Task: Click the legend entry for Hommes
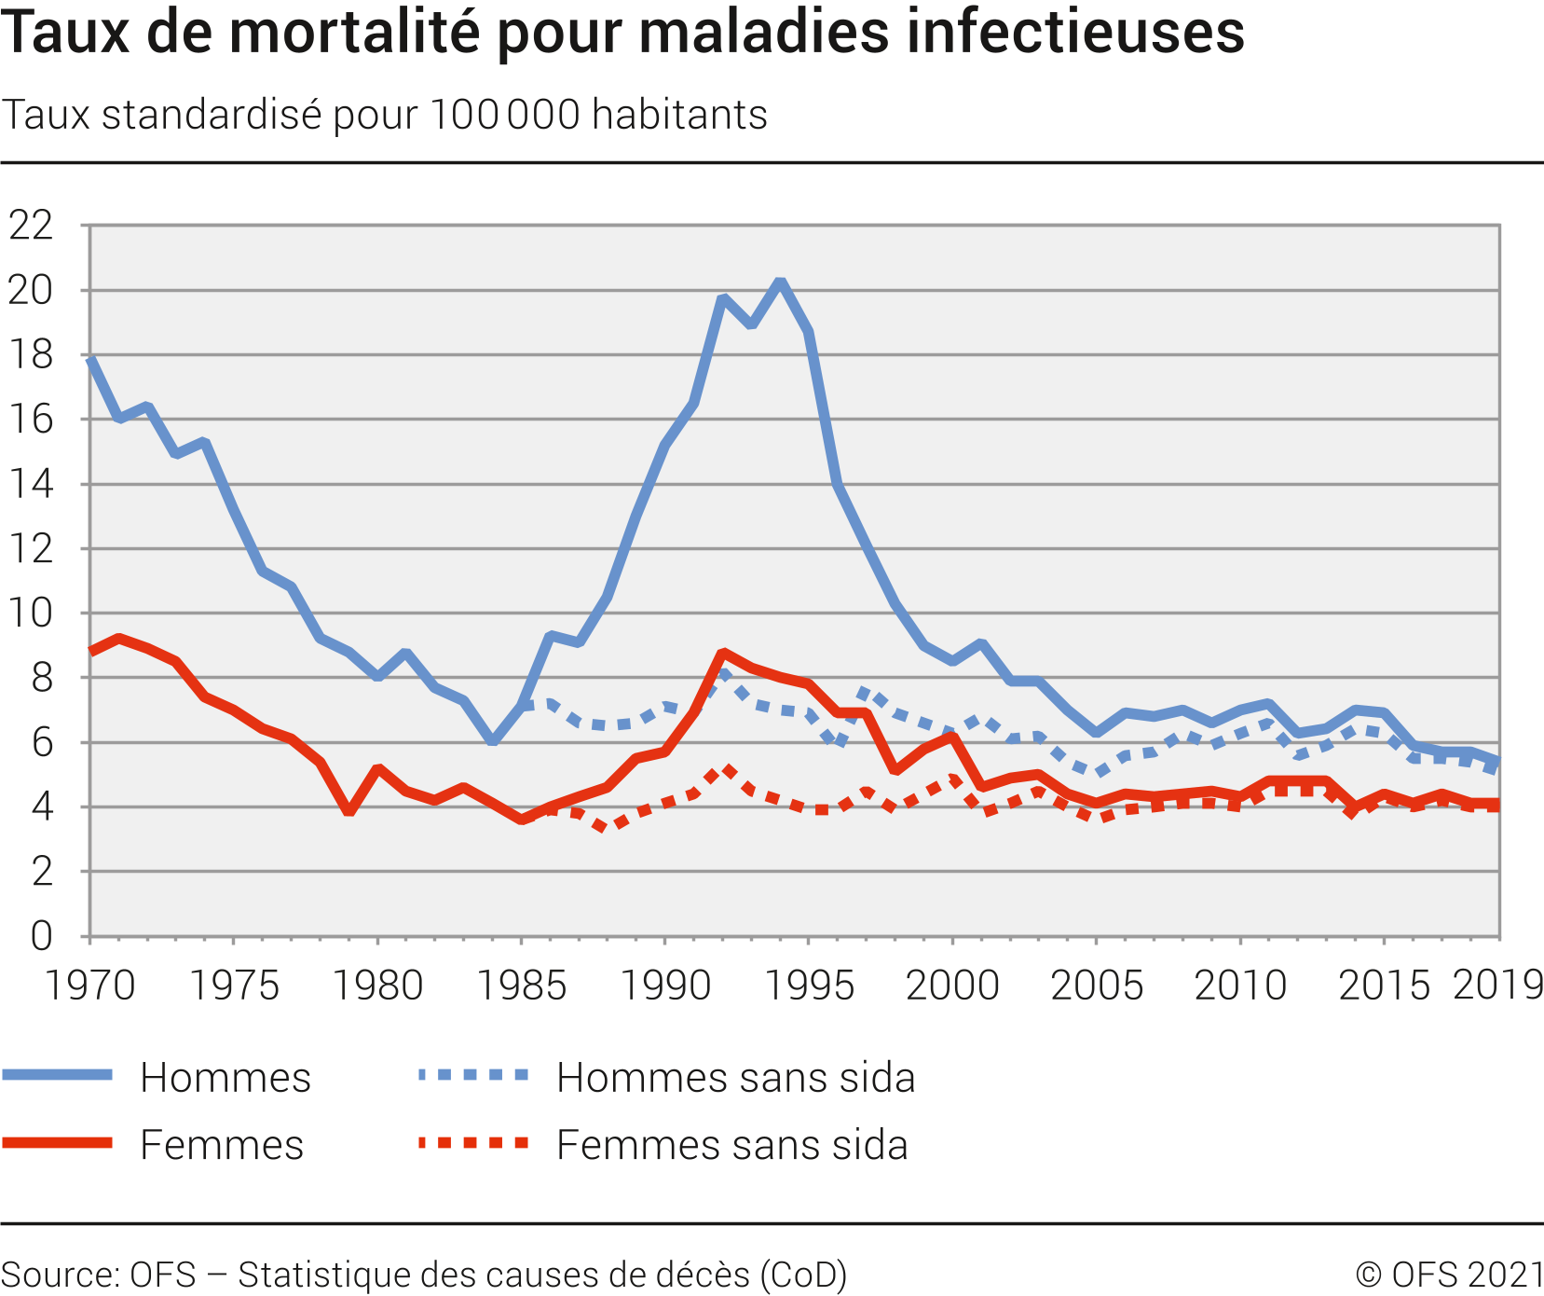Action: pos(225,1077)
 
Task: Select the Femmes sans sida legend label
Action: pos(731,1145)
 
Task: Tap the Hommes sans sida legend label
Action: pos(735,1077)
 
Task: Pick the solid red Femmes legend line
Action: pos(58,1143)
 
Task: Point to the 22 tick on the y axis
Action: pos(31,225)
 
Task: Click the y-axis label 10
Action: pos(31,613)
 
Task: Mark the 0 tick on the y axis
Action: pos(41,935)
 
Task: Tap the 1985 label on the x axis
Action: pos(521,986)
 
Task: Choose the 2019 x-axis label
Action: pos(1497,985)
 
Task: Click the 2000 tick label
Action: pos(952,986)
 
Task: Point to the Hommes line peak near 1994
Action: pos(780,282)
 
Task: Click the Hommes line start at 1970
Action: pos(91,359)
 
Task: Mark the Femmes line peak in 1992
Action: pos(723,653)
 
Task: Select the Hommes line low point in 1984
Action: pos(492,741)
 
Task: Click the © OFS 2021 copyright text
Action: pos(1449,1275)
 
